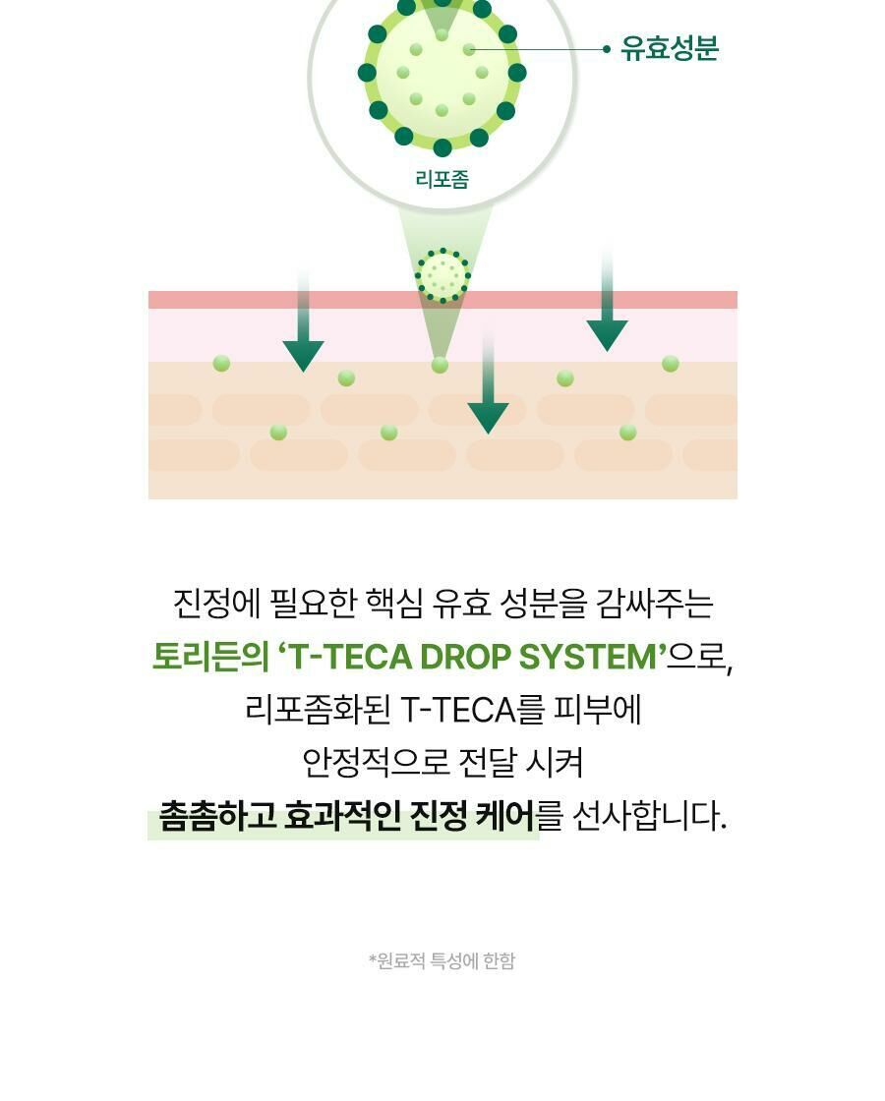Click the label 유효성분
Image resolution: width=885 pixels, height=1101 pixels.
tap(670, 49)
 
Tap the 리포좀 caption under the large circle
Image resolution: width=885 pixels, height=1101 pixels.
tap(442, 179)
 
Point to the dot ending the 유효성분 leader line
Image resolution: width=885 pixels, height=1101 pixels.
tap(607, 49)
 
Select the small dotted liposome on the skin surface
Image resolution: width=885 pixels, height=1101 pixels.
tap(442, 275)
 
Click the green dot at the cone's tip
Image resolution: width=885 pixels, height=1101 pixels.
tap(440, 366)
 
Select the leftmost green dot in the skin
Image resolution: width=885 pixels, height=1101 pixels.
tap(221, 364)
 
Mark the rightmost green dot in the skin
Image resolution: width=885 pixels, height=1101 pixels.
tap(671, 364)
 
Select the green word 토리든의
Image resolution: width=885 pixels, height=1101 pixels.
tap(209, 657)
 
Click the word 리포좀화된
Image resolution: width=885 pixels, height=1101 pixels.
tap(316, 710)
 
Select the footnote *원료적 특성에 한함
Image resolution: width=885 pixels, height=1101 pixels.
tap(442, 960)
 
